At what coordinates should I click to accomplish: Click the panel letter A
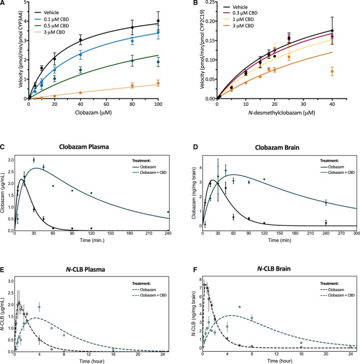pos(4,3)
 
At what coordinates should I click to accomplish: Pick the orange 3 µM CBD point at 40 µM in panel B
pos(346,72)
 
